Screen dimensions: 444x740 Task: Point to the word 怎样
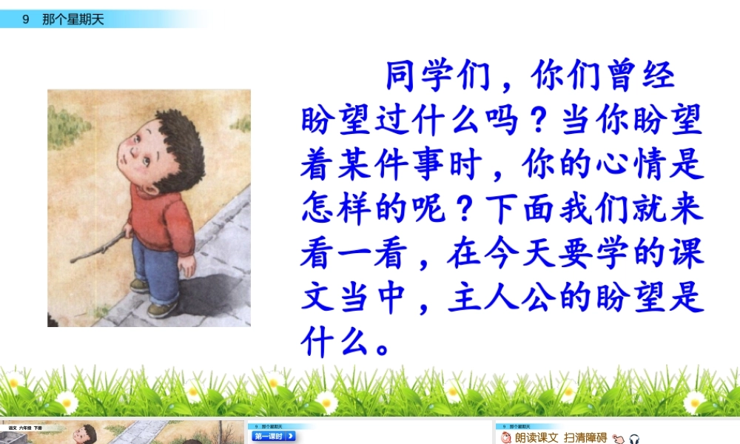point(346,210)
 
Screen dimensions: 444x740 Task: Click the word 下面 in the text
point(511,210)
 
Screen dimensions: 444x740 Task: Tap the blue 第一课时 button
point(274,437)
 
